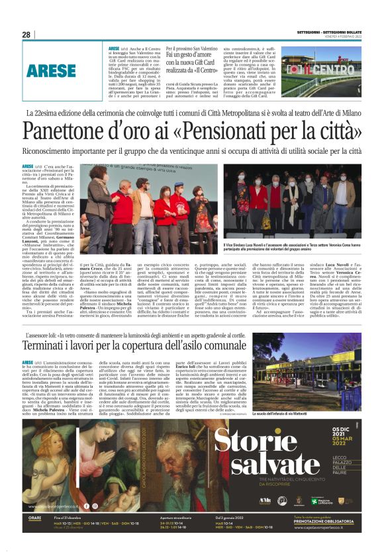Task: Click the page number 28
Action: coord(26,34)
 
